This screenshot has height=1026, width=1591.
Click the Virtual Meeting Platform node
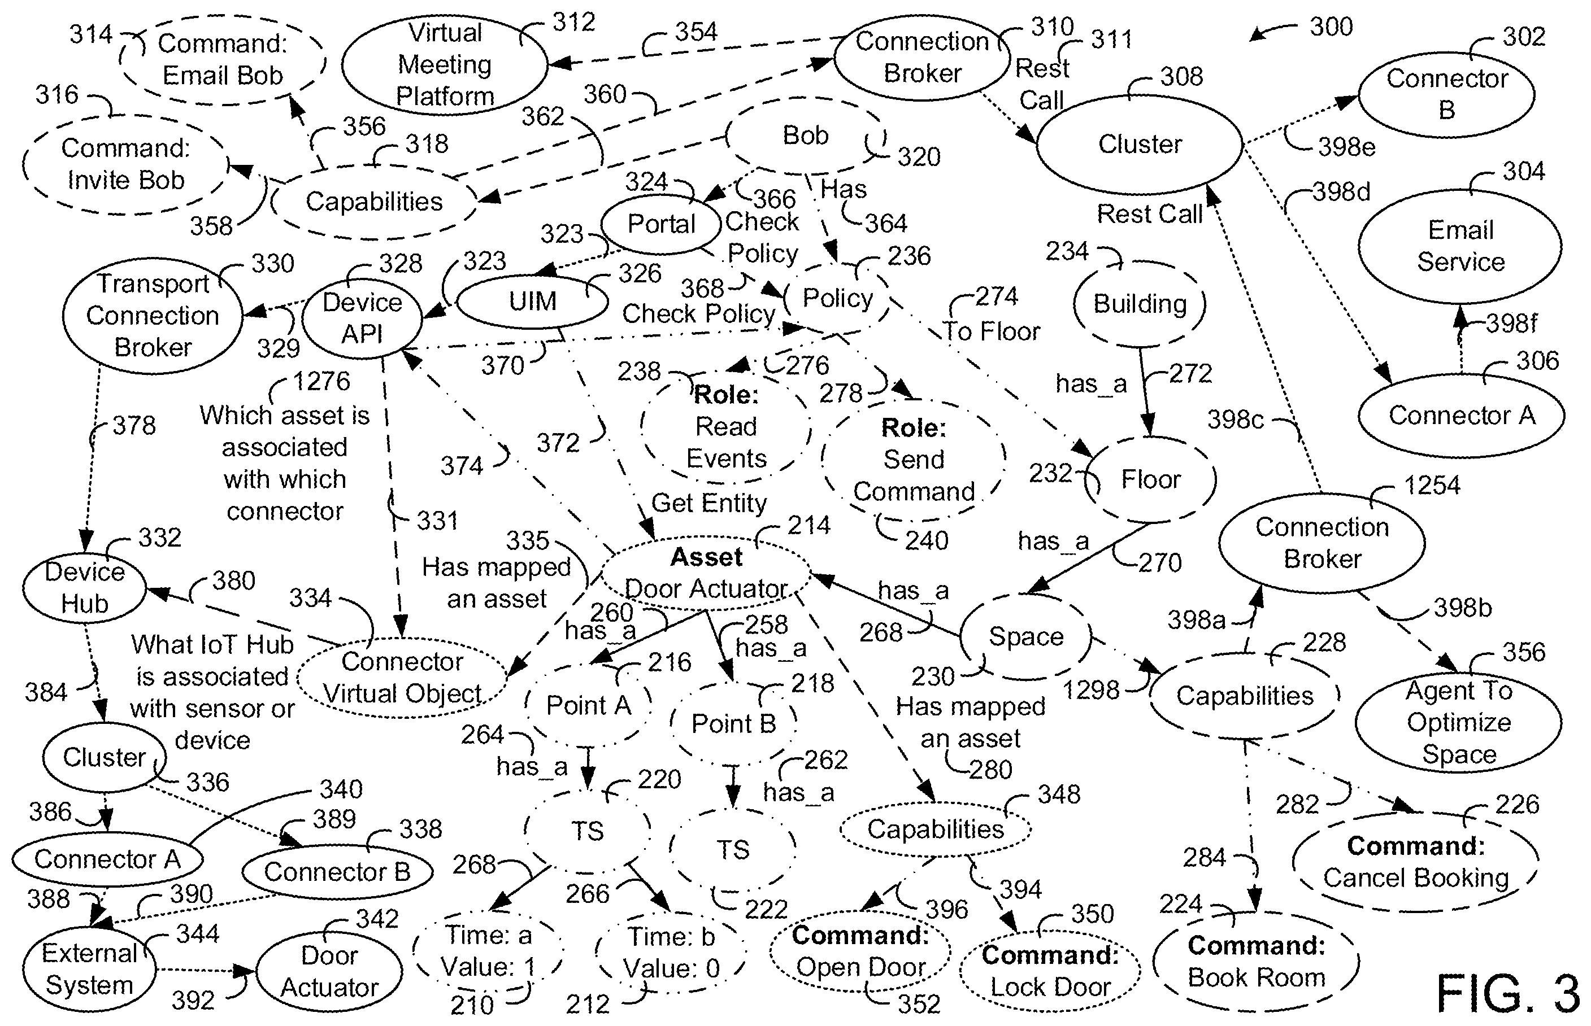click(445, 64)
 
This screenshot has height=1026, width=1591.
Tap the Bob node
click(806, 136)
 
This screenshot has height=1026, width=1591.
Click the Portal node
click(661, 224)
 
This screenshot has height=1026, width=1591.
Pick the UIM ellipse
click(532, 301)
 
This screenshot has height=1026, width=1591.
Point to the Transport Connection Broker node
click(153, 316)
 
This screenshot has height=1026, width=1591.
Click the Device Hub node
click(85, 588)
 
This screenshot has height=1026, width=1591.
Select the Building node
click(1140, 304)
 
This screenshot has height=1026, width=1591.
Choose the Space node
click(1026, 637)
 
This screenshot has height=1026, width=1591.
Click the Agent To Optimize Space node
click(1459, 723)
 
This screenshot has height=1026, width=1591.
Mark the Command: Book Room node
click(1256, 962)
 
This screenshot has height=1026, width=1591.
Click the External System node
click(89, 970)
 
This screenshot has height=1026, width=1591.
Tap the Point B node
click(733, 723)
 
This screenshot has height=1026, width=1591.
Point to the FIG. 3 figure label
click(1508, 993)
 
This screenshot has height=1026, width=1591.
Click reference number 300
click(1331, 27)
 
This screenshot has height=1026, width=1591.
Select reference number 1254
click(1432, 485)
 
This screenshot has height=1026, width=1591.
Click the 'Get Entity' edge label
click(708, 503)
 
